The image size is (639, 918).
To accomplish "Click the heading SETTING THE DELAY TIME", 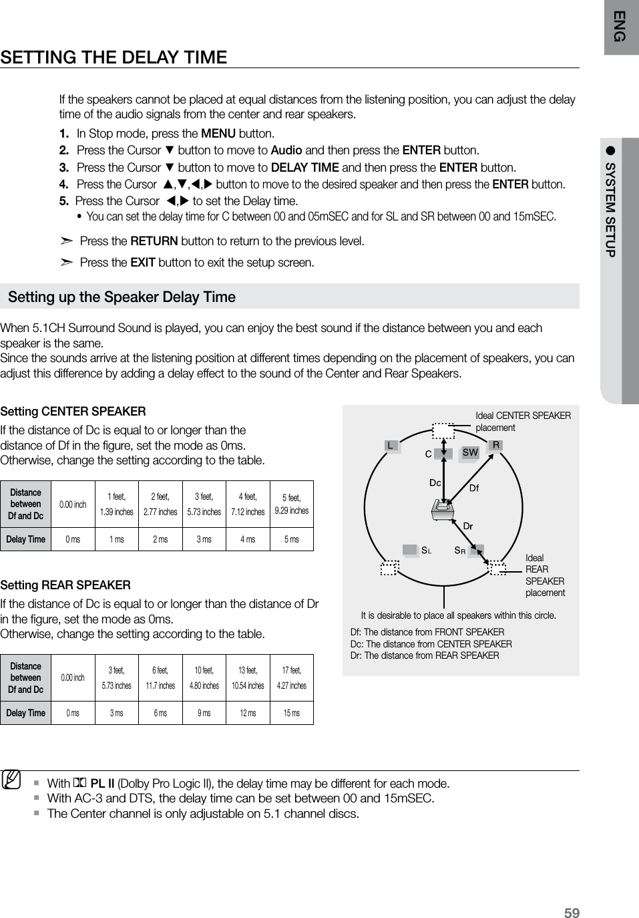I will pyautogui.click(x=114, y=57).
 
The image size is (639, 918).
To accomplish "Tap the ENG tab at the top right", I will pyautogui.click(x=621, y=27).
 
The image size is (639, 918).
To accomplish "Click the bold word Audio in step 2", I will pyautogui.click(x=286, y=150).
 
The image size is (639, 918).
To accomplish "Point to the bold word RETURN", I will pyautogui.click(x=154, y=241).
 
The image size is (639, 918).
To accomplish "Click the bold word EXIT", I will pyautogui.click(x=143, y=263).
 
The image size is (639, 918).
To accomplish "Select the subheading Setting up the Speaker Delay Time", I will pyautogui.click(x=122, y=297).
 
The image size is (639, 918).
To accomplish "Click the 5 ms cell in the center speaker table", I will pyautogui.click(x=291, y=539).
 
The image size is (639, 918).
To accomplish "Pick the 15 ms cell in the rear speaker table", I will pyautogui.click(x=291, y=713).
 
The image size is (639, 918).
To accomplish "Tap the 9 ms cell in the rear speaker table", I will pyautogui.click(x=204, y=713).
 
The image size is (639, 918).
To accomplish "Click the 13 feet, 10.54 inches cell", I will pyautogui.click(x=248, y=677).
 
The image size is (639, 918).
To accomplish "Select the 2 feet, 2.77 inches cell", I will pyautogui.click(x=160, y=504).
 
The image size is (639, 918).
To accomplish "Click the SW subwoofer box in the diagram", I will pyautogui.click(x=470, y=452).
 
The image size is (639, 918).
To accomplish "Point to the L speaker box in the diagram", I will pyautogui.click(x=391, y=445).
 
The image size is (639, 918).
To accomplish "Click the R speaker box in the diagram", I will pyautogui.click(x=496, y=445).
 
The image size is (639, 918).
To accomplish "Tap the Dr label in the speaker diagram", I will pyautogui.click(x=468, y=526).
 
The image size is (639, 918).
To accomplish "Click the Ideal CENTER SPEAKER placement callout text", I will pyautogui.click(x=522, y=422).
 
